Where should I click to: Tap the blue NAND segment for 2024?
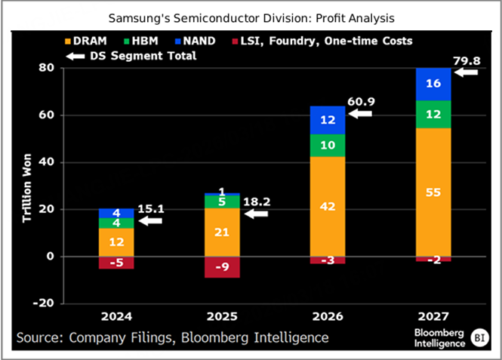point(115,213)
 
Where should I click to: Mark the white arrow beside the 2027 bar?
point(468,72)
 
